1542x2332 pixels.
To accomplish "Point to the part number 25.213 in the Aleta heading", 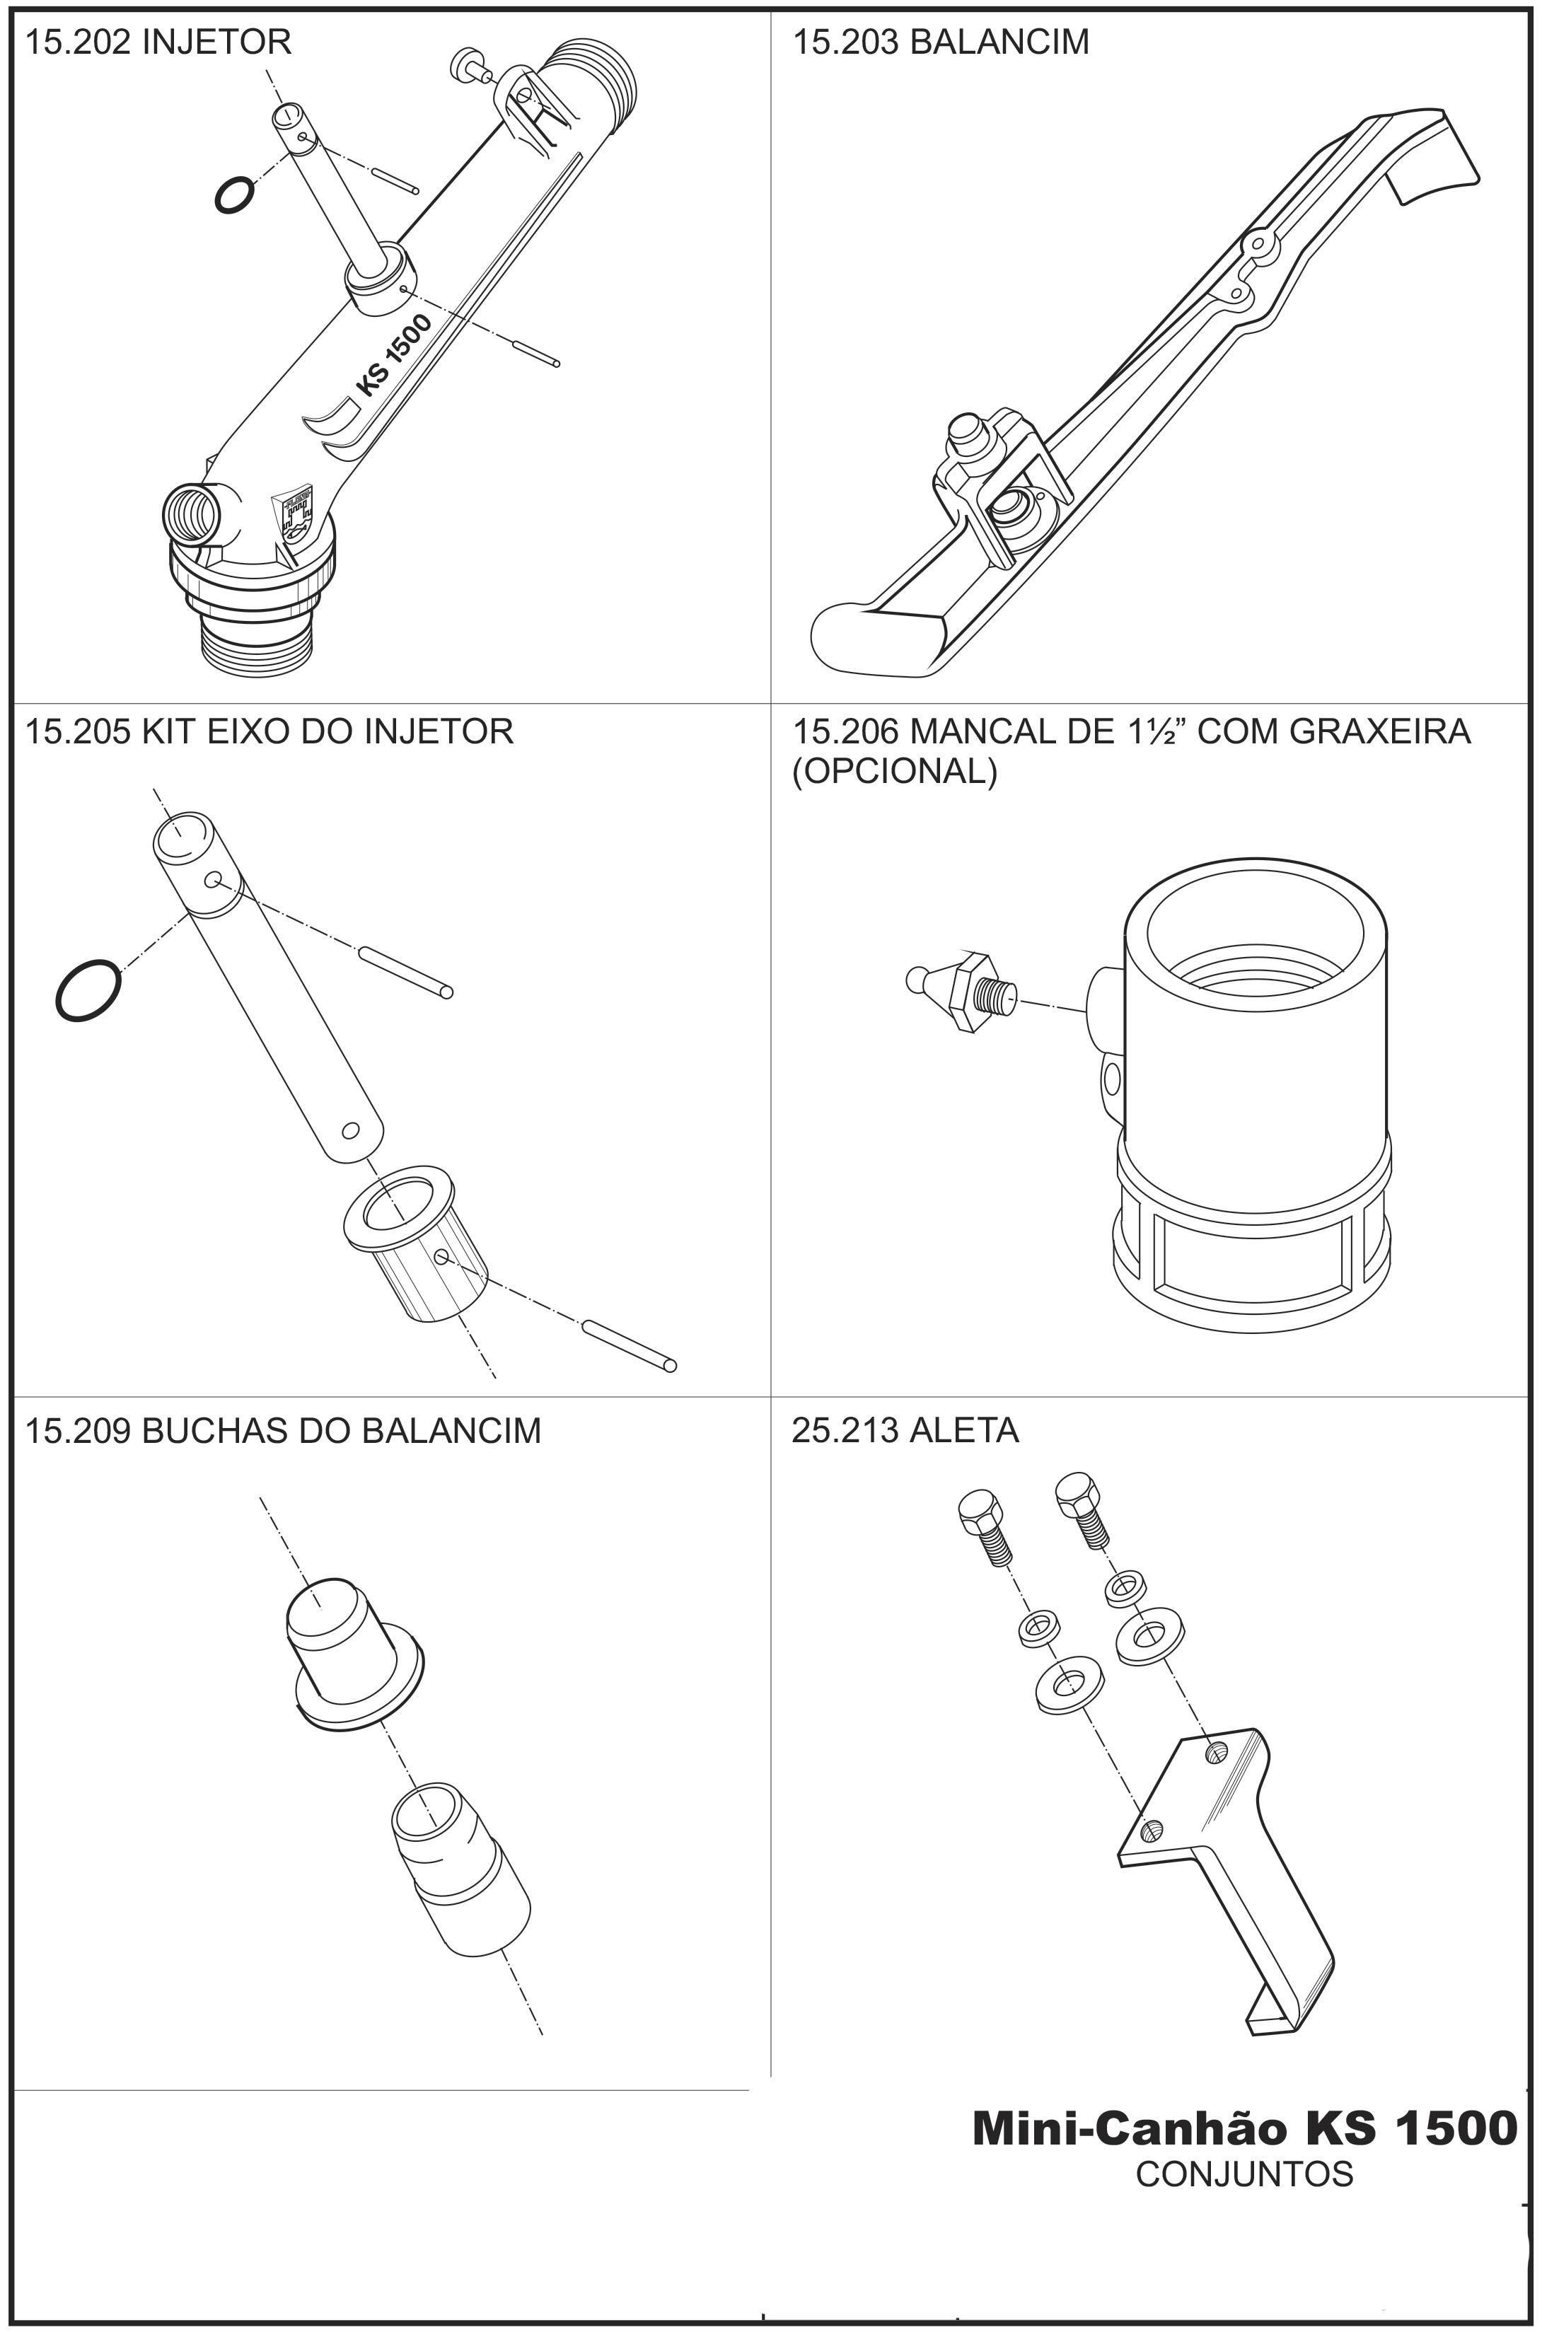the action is [845, 1430].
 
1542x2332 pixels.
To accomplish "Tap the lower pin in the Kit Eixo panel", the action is [630, 1345].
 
